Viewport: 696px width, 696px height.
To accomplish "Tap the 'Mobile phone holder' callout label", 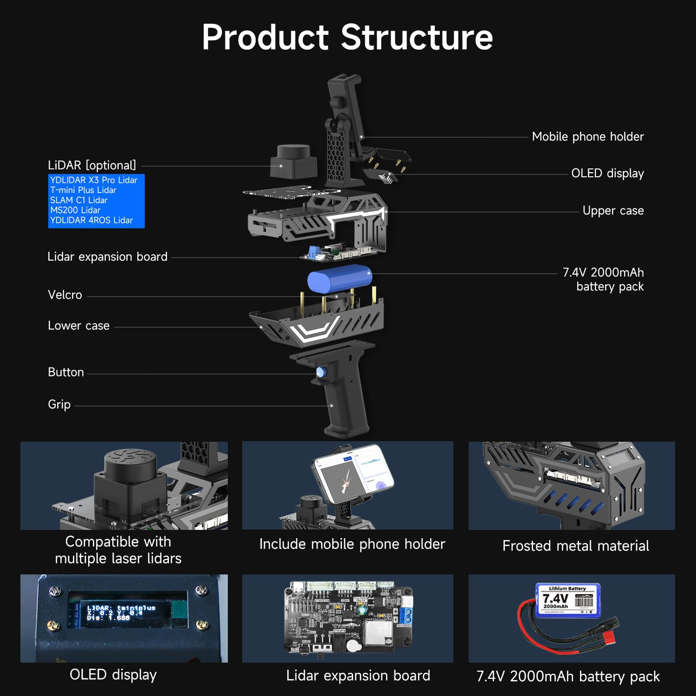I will coord(587,136).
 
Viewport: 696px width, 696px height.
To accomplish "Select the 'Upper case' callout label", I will coord(612,211).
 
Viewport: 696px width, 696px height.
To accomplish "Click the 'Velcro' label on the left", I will coord(65,295).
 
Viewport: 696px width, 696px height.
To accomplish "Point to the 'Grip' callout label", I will coord(59,405).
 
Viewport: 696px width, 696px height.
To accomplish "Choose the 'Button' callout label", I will coord(66,373).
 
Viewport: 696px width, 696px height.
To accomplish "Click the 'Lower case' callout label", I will coord(78,326).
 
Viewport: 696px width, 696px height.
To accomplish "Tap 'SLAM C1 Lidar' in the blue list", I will coord(79,200).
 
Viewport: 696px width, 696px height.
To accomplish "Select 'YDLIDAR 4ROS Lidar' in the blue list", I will coord(91,220).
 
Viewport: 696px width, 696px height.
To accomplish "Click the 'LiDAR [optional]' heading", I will coord(92,165).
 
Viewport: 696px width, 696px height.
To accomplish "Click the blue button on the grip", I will coord(320,372).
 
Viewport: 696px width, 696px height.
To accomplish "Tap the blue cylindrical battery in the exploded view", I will coord(340,278).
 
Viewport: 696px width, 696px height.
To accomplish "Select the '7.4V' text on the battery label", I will coord(555,599).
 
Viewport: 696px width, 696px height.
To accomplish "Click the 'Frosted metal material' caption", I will coord(575,546).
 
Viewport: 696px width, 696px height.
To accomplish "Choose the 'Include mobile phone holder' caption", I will coord(352,544).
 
